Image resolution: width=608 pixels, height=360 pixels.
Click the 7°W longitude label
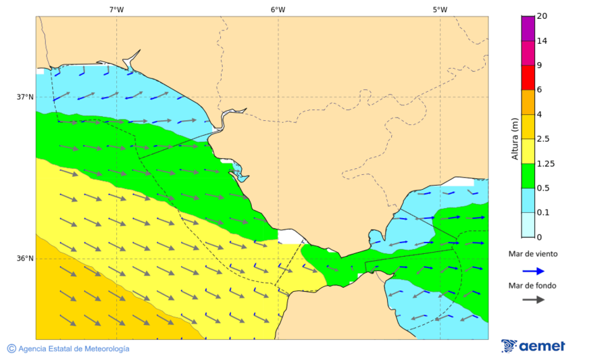(x=116, y=9)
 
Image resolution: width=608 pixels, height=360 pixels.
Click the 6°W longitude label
(x=278, y=9)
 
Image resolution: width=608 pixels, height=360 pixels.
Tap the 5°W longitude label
(x=440, y=9)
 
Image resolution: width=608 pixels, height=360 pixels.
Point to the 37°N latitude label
(x=25, y=97)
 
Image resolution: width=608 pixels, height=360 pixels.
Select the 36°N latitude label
(x=25, y=259)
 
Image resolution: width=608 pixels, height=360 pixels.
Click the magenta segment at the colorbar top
(x=528, y=28)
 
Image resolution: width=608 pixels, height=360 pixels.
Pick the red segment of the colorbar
(x=528, y=77)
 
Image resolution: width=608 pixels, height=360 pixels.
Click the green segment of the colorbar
(x=528, y=176)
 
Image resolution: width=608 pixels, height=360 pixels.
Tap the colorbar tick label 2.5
(x=543, y=139)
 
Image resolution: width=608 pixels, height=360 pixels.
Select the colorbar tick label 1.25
(x=545, y=163)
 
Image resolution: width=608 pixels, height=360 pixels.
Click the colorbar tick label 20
(x=542, y=16)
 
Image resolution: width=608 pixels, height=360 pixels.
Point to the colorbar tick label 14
(x=542, y=41)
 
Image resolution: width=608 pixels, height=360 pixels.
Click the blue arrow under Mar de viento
(x=534, y=271)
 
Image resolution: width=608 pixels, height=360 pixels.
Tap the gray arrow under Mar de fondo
(x=534, y=299)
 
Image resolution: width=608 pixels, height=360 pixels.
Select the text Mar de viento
(x=534, y=255)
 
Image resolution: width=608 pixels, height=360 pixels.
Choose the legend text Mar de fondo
(x=534, y=285)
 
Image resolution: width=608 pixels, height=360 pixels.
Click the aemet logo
(x=533, y=346)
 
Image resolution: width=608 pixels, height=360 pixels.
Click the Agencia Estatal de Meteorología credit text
(x=68, y=349)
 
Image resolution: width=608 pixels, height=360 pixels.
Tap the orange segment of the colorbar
(x=528, y=102)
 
